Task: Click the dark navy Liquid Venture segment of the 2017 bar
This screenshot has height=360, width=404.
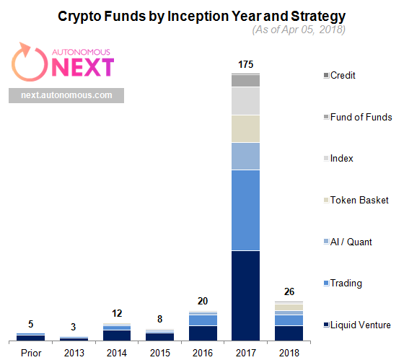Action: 245,296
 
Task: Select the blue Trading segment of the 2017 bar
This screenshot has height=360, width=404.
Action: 245,210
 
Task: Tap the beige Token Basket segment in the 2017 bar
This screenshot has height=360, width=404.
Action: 245,128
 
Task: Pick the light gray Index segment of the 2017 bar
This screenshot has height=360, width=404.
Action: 245,101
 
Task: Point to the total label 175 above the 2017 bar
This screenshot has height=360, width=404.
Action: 245,64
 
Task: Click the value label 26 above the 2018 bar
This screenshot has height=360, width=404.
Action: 289,291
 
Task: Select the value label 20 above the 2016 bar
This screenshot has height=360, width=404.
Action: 203,301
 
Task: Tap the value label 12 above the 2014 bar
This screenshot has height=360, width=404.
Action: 117,313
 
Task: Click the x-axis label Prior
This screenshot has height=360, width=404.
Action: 31,353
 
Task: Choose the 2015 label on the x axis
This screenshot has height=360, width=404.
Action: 160,353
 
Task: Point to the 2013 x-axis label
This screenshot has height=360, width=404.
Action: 74,353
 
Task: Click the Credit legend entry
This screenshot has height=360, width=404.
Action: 340,75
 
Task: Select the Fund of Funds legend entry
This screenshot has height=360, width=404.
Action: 358,117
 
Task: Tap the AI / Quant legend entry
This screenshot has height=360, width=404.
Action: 348,242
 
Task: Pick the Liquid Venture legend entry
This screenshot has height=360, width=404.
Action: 357,325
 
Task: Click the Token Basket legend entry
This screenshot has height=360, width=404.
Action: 356,200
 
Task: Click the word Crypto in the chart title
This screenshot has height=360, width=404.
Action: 79,17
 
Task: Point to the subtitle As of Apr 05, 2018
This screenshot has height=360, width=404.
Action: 299,30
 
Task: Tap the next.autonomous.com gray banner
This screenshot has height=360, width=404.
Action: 66,95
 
